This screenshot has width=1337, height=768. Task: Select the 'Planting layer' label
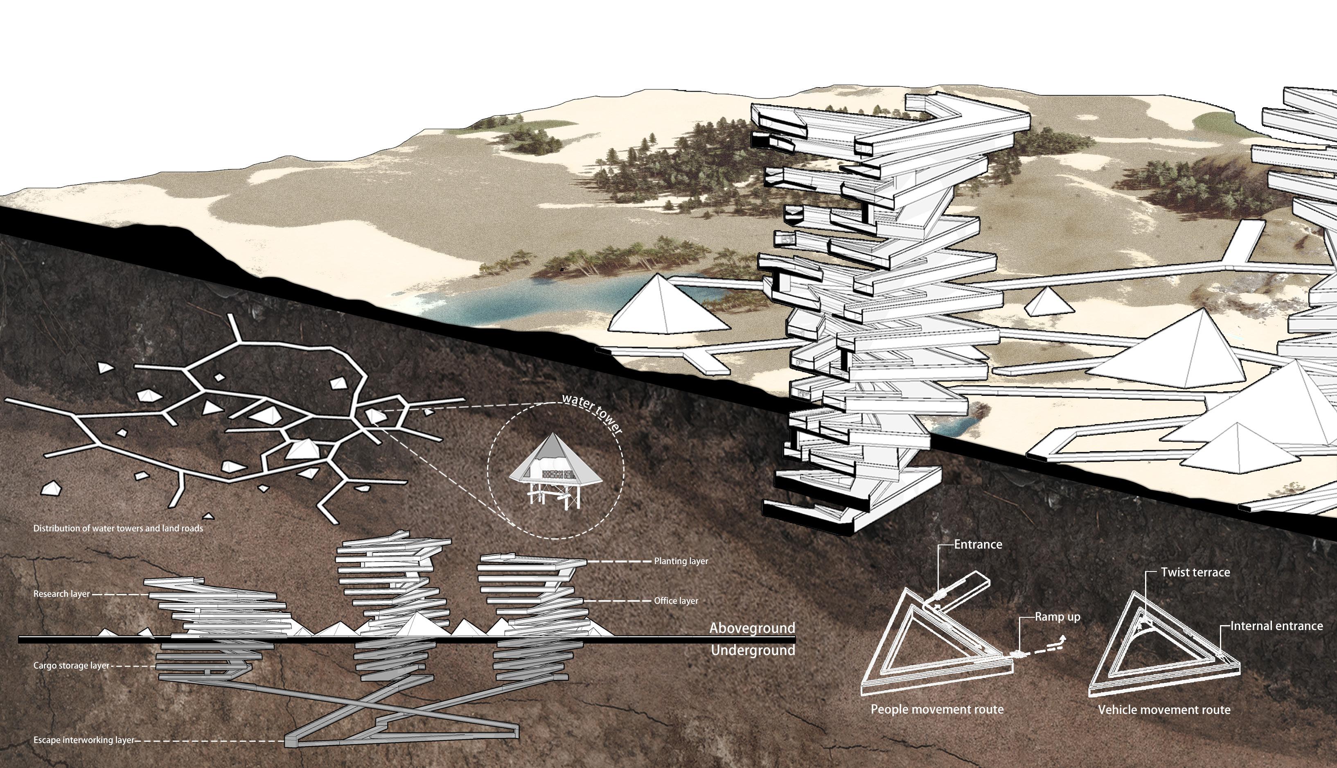(681, 561)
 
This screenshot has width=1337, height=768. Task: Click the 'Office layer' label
(676, 601)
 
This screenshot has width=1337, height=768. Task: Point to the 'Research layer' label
(61, 594)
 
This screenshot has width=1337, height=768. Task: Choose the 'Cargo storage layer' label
(71, 666)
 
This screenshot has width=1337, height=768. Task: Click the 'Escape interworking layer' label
(84, 740)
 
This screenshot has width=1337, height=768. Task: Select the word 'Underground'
(753, 651)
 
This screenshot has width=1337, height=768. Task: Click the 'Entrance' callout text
(978, 544)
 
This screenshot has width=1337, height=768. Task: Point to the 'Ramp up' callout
(1057, 617)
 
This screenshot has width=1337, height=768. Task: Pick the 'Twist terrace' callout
(1195, 572)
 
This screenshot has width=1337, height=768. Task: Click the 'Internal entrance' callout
(1276, 626)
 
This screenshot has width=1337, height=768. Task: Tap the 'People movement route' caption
(937, 709)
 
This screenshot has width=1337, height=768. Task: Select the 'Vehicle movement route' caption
(1164, 710)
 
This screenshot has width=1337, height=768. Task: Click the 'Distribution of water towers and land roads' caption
(118, 528)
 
